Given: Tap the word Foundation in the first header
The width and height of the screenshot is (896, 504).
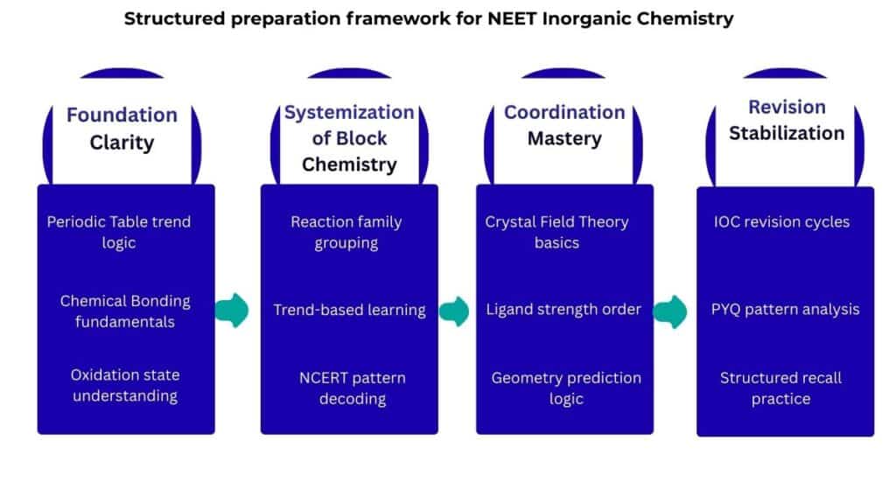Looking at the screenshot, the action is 122,115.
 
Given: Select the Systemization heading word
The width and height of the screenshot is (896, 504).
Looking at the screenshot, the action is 349,112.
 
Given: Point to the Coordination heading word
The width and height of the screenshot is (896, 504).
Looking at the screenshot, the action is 564,112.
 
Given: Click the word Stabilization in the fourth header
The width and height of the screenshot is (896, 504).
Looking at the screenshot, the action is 787,133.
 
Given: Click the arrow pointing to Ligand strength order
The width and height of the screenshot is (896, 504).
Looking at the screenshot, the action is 454,311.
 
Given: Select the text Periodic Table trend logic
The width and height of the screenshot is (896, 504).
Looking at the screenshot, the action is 119,232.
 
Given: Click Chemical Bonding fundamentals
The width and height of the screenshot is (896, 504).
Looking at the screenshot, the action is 124,311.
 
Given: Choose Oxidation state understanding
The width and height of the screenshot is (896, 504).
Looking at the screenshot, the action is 124,385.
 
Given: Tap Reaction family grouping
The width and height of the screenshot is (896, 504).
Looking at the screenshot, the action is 346,232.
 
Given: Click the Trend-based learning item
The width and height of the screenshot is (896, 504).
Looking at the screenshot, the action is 349,310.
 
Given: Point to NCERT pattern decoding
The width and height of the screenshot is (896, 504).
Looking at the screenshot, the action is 352,388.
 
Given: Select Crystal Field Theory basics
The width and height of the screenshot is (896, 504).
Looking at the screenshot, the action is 556,232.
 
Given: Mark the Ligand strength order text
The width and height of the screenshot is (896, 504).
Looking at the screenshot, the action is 563,310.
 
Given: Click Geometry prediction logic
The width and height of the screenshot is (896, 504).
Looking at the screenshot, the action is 565,388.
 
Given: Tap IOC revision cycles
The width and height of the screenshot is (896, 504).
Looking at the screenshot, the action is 781,221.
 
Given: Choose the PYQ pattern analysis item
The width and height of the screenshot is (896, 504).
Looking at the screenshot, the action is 785,310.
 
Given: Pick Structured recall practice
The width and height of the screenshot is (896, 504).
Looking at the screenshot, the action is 780,388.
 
